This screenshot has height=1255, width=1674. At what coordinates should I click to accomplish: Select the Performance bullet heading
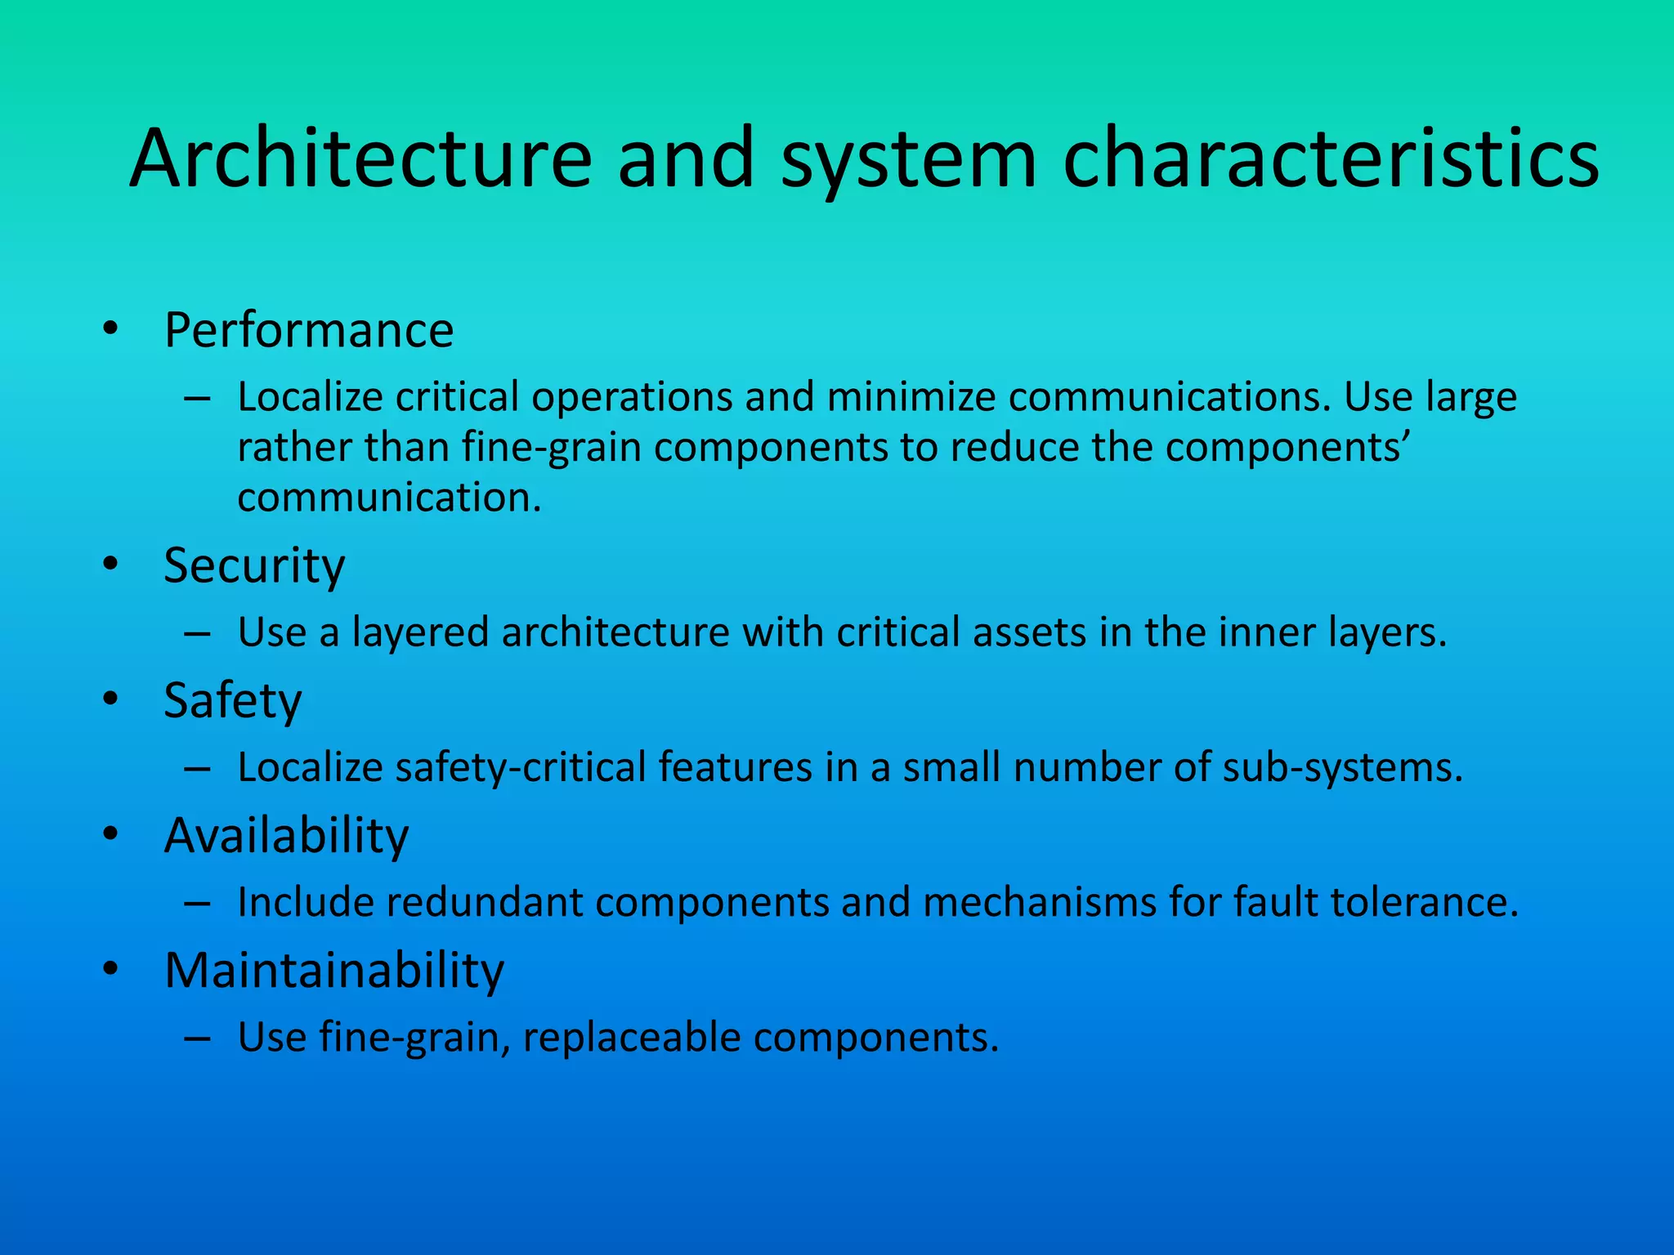pos(309,330)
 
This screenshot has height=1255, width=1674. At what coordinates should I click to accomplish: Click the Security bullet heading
pos(254,565)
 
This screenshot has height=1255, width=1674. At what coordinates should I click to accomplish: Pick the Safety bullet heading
pos(233,701)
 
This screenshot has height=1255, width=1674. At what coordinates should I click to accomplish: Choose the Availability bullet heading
pos(286,836)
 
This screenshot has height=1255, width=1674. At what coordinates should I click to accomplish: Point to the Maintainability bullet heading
pos(334,971)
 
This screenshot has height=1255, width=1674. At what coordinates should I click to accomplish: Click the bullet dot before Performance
pos(110,329)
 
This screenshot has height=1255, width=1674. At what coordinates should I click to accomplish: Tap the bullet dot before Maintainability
pos(110,970)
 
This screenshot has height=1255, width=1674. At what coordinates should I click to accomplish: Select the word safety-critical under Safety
pos(521,768)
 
